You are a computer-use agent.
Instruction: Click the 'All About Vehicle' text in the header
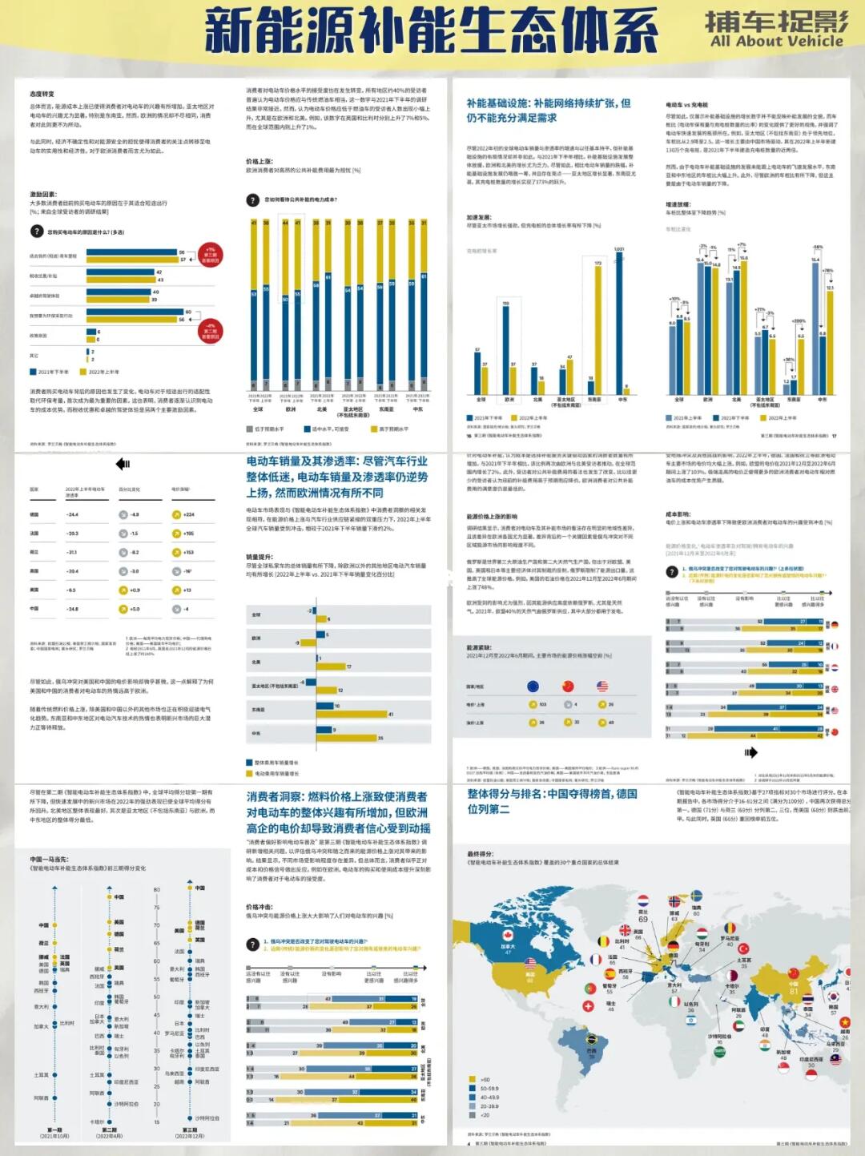coord(776,41)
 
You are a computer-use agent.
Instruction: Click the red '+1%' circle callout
coord(210,255)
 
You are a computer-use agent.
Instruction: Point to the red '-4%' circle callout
coord(210,330)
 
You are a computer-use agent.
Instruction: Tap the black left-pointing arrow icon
coord(123,464)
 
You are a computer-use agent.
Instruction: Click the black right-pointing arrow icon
coord(750,752)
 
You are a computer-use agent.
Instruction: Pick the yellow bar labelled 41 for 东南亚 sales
coord(352,714)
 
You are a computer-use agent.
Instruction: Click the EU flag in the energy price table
coord(533,686)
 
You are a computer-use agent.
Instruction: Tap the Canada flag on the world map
coord(507,935)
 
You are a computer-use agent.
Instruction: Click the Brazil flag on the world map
coord(591,1041)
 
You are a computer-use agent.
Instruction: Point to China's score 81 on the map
coord(794,991)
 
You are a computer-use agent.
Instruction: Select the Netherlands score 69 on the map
coord(643,919)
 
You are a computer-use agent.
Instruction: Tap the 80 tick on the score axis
coord(157,889)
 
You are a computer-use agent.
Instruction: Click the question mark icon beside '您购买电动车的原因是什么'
coord(36,232)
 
